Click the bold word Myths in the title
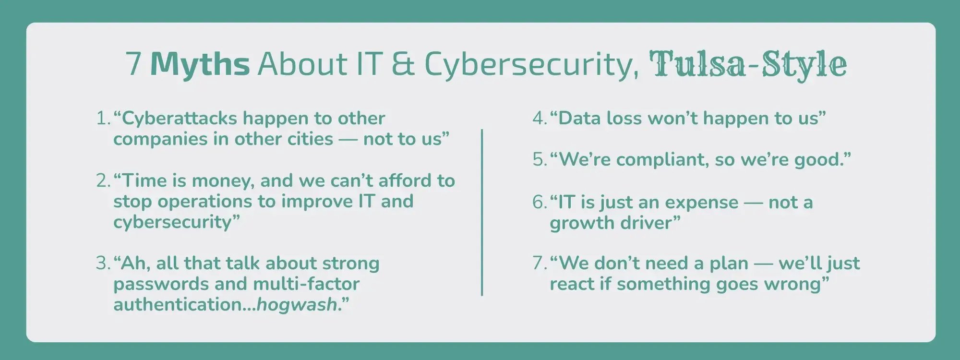click(200, 64)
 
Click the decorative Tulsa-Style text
click(748, 64)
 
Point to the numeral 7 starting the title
click(134, 64)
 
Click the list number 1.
click(102, 119)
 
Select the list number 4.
click(538, 119)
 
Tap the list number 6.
click(538, 202)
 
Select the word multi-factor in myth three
click(306, 284)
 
